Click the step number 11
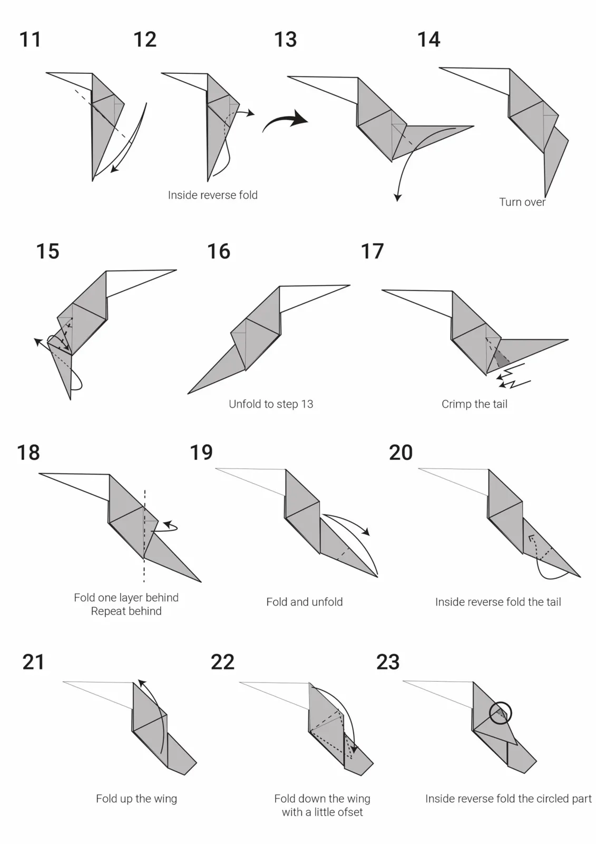[x=30, y=40]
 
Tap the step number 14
[x=429, y=40]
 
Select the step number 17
[x=373, y=251]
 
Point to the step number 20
[x=400, y=453]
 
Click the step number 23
[x=388, y=661]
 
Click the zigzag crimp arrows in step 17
[x=514, y=376]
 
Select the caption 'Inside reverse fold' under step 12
[x=213, y=195]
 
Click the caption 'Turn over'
[x=522, y=203]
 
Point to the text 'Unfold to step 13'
[x=271, y=404]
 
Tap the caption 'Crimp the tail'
[x=474, y=404]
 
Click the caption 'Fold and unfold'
[x=304, y=602]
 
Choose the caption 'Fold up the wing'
[x=136, y=799]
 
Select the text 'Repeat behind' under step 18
[x=126, y=611]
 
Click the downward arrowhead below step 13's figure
[x=397, y=198]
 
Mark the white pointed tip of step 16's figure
[x=349, y=285]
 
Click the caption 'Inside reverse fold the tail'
[x=498, y=602]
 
